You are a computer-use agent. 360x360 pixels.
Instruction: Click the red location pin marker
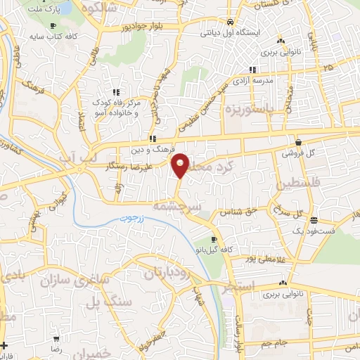[x=181, y=165]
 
